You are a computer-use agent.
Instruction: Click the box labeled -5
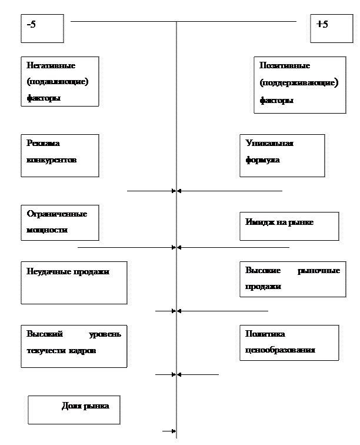coord(42,28)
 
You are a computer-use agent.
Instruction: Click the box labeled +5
coord(328,28)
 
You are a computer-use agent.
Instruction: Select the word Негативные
coord(51,65)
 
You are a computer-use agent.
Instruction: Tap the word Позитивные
coord(285,65)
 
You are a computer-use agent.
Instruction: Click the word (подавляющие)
coord(58,82)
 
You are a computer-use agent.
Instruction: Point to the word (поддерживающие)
coord(299,83)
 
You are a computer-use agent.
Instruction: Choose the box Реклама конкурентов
coord(59,155)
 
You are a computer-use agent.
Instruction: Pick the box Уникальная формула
coord(282,155)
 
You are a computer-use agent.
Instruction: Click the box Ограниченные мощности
coord(59,222)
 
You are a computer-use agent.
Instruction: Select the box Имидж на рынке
coord(289,226)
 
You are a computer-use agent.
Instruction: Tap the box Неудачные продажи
coord(74,283)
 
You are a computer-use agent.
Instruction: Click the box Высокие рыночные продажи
coord(292,279)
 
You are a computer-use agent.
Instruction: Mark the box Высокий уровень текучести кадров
coord(74,346)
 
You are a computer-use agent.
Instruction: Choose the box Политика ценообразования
coord(289,343)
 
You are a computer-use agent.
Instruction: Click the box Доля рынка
coord(74,409)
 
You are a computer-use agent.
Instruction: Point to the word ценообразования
coord(281,350)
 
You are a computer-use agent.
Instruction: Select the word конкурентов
coord(52,160)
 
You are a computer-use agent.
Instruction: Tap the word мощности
coord(47,230)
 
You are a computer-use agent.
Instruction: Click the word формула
coord(262,160)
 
